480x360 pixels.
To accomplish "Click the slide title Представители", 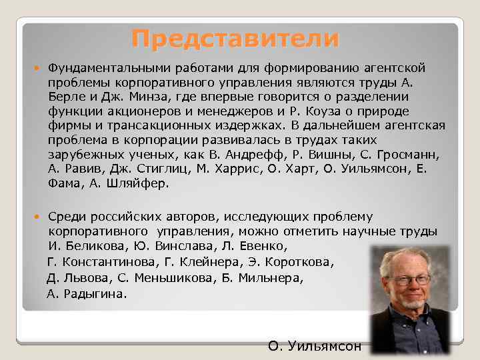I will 235,38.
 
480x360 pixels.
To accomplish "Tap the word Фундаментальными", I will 104,68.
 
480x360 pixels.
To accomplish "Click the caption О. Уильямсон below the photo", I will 314,346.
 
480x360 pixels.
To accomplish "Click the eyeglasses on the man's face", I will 409,280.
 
